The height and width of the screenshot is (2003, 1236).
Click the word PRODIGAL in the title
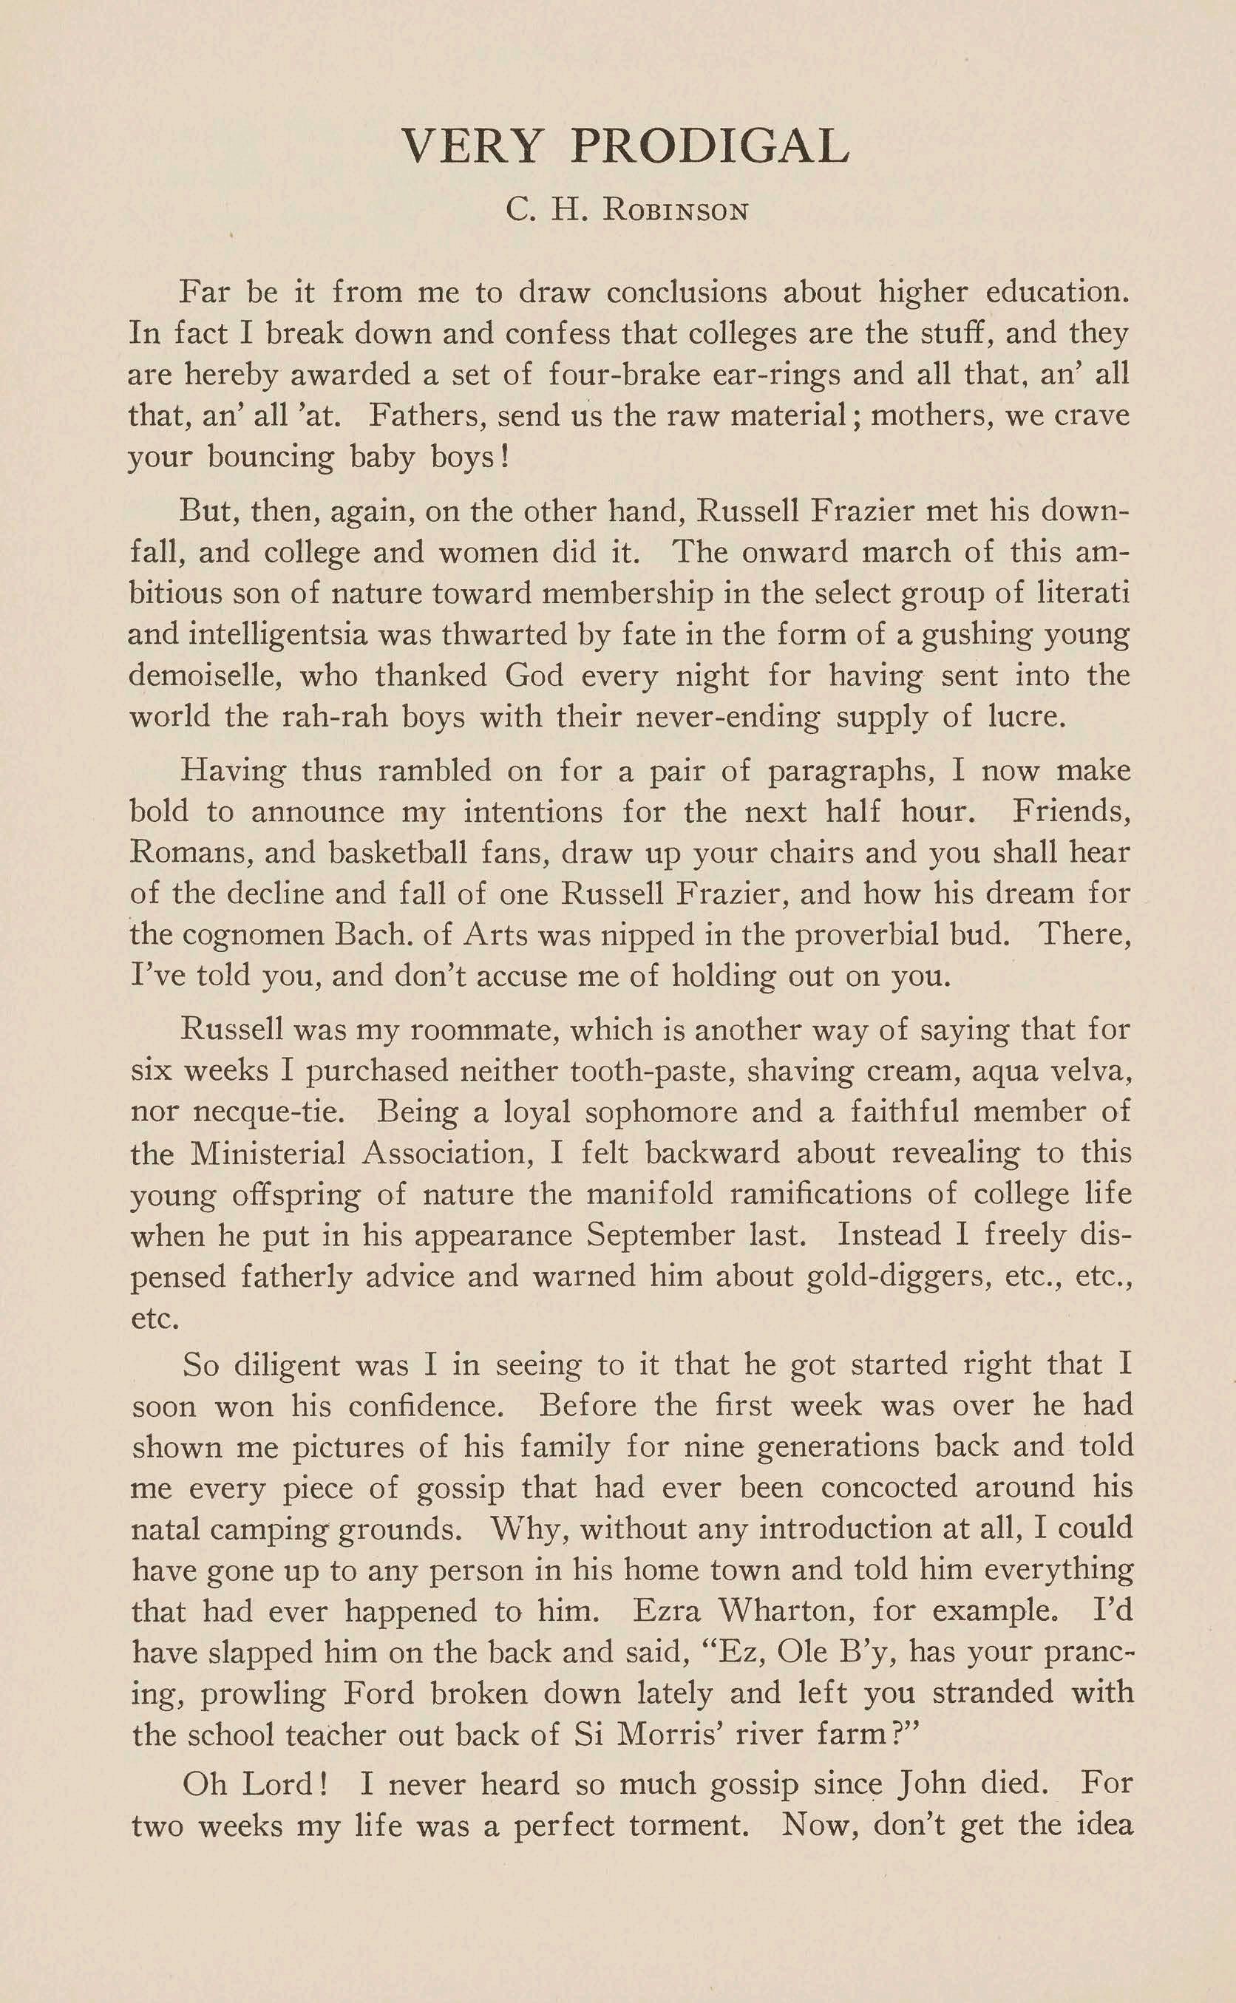(710, 146)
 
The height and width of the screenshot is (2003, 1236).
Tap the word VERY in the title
(472, 146)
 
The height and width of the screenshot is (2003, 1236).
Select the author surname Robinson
(675, 211)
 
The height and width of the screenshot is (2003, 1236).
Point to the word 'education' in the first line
(1057, 292)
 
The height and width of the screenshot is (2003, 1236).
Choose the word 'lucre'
(1028, 717)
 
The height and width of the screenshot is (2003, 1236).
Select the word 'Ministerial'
(268, 1153)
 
